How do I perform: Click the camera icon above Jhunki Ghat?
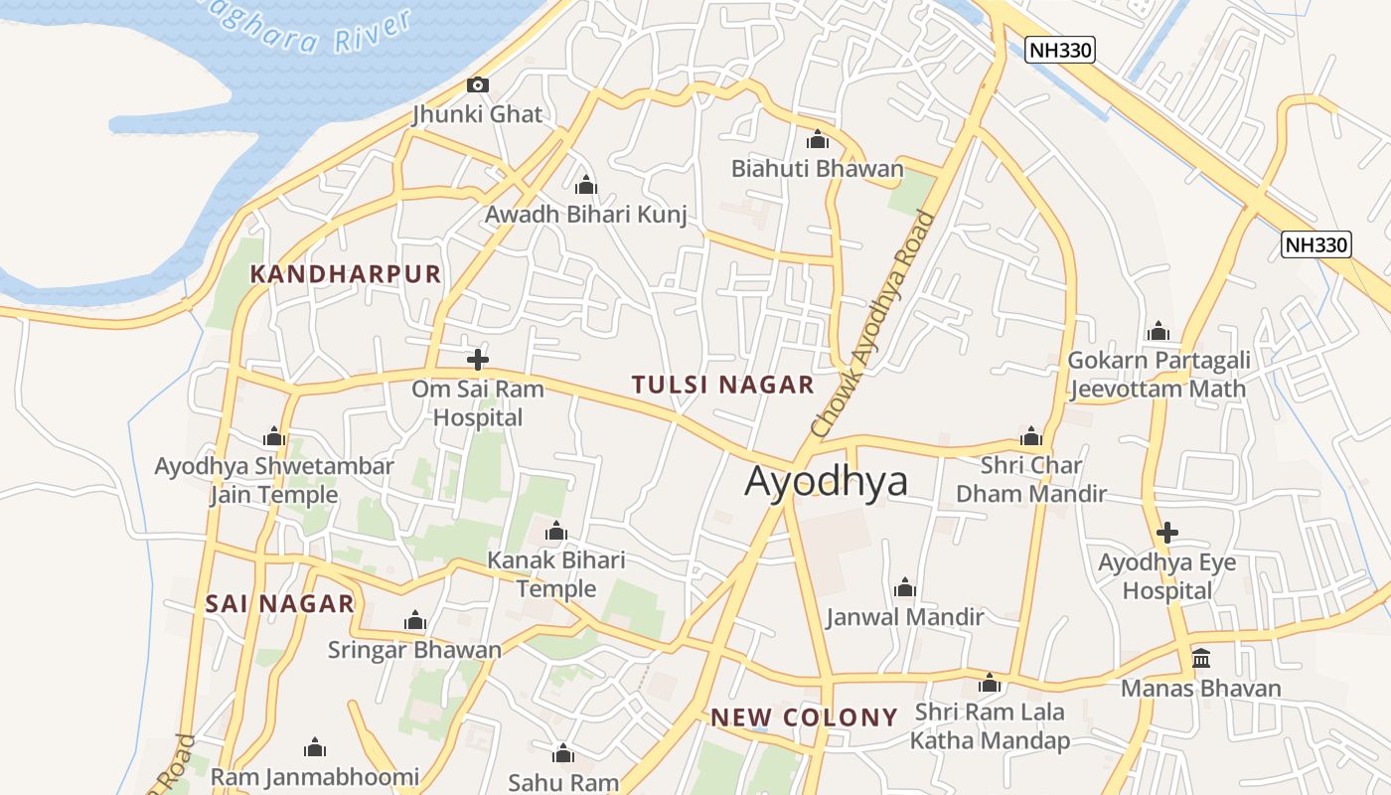coord(478,85)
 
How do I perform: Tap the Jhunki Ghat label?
coord(478,114)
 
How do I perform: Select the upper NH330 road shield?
coord(1060,50)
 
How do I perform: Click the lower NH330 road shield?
coord(1316,244)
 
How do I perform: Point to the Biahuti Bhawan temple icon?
coord(818,140)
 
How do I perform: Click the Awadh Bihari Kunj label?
coord(585,215)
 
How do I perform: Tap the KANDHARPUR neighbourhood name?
coord(345,274)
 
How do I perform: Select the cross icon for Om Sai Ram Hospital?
coord(478,360)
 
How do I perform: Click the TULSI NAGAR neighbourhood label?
coord(722,385)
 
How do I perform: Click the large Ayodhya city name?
coord(826,481)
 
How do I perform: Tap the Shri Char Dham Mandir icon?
coord(1030,437)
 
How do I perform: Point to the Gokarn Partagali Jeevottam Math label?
coord(1159,374)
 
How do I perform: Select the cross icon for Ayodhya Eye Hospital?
coord(1167,533)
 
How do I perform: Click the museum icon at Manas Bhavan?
coord(1201,659)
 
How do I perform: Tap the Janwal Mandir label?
coord(904,617)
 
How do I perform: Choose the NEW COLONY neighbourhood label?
coord(804,717)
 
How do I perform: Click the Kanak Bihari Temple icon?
coord(556,532)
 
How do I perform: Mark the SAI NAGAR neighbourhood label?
coord(279,603)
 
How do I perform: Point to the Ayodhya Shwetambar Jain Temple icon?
coord(274,437)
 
